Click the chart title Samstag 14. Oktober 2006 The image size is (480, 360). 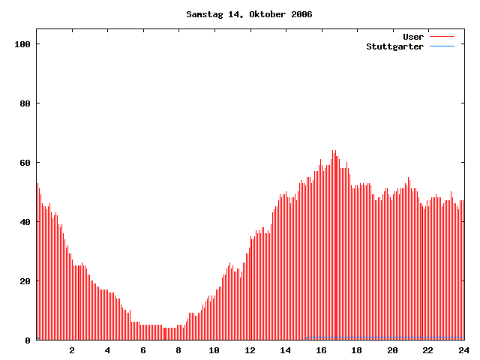coord(249,14)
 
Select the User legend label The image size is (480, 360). coord(413,37)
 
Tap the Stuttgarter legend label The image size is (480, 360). coord(394,46)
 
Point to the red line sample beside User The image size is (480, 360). coord(442,37)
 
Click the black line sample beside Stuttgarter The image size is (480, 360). coord(442,46)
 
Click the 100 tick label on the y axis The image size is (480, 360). coord(22,44)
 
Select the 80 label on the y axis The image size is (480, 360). coord(25,103)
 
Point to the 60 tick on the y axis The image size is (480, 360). coord(25,163)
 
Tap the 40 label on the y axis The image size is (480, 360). coord(25,222)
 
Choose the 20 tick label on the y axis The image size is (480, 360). coord(25,281)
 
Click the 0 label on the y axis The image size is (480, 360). coord(28,340)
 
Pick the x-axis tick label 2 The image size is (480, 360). coord(72,350)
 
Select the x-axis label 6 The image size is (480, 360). coord(143,350)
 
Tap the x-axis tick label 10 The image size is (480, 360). coord(214,350)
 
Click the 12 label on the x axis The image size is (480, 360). coord(250,350)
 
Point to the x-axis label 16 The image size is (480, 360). coord(321,350)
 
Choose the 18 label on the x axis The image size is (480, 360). coord(357,350)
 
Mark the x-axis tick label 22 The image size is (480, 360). coord(427,350)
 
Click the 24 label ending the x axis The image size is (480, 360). coord(463,350)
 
